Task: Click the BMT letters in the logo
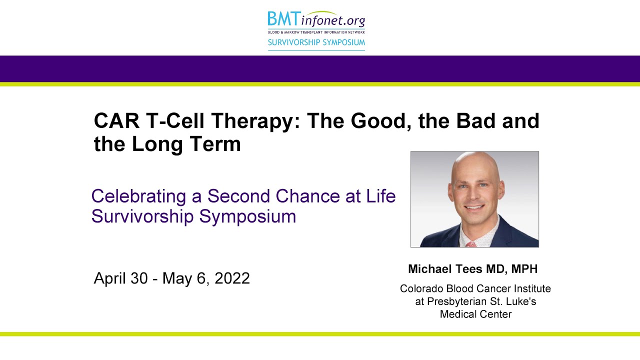tap(283, 19)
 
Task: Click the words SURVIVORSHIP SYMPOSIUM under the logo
tap(316, 42)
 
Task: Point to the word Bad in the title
tap(464, 121)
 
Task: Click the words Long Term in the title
tap(186, 144)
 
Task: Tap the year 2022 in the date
tap(232, 278)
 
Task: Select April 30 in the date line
tap(120, 278)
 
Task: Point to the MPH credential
tap(524, 269)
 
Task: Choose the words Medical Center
tap(475, 314)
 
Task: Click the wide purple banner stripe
tap(320, 69)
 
